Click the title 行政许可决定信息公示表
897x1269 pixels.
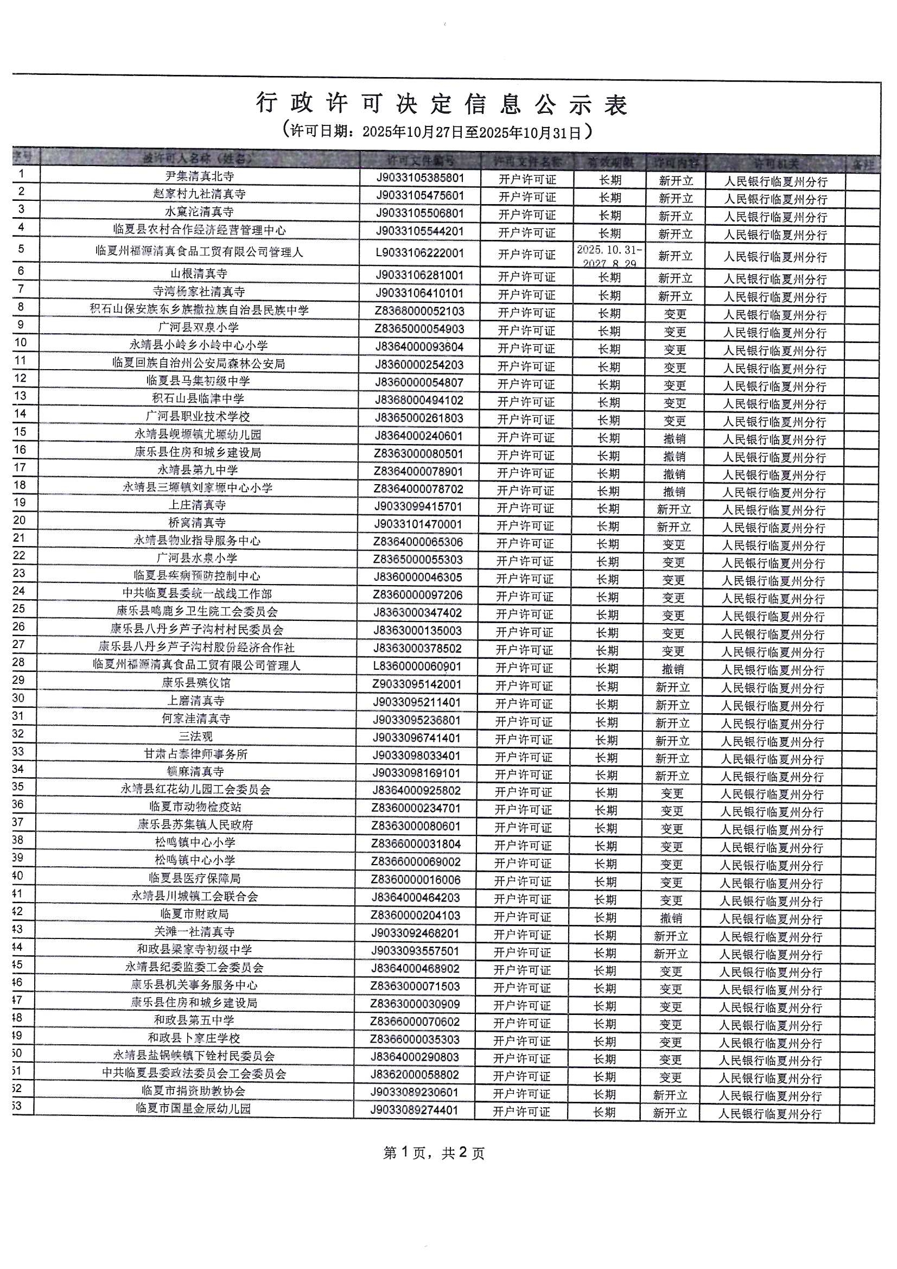click(x=442, y=104)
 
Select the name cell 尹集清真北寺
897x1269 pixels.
click(x=200, y=176)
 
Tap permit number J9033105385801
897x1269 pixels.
click(x=420, y=178)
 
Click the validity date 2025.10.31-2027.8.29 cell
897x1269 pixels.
click(x=609, y=256)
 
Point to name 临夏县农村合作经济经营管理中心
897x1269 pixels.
click(x=200, y=230)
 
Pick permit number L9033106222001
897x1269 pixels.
click(x=419, y=253)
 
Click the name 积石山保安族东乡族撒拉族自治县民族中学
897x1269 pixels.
click(x=199, y=309)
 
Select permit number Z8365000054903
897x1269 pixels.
click(x=419, y=329)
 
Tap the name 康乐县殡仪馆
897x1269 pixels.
click(x=196, y=683)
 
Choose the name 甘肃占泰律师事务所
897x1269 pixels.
click(x=196, y=754)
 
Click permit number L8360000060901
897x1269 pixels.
click(x=417, y=667)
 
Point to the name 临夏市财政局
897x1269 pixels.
click(x=195, y=913)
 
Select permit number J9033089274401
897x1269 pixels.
click(x=414, y=1110)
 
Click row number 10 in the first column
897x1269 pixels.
click(x=21, y=342)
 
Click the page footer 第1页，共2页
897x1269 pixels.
click(x=434, y=1153)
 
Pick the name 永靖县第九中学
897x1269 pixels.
click(x=198, y=470)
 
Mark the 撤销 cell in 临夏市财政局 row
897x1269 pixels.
click(x=671, y=918)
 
